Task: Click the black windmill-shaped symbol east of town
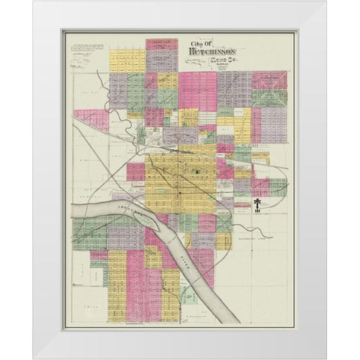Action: click(x=256, y=205)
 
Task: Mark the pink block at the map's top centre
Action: click(x=161, y=43)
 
